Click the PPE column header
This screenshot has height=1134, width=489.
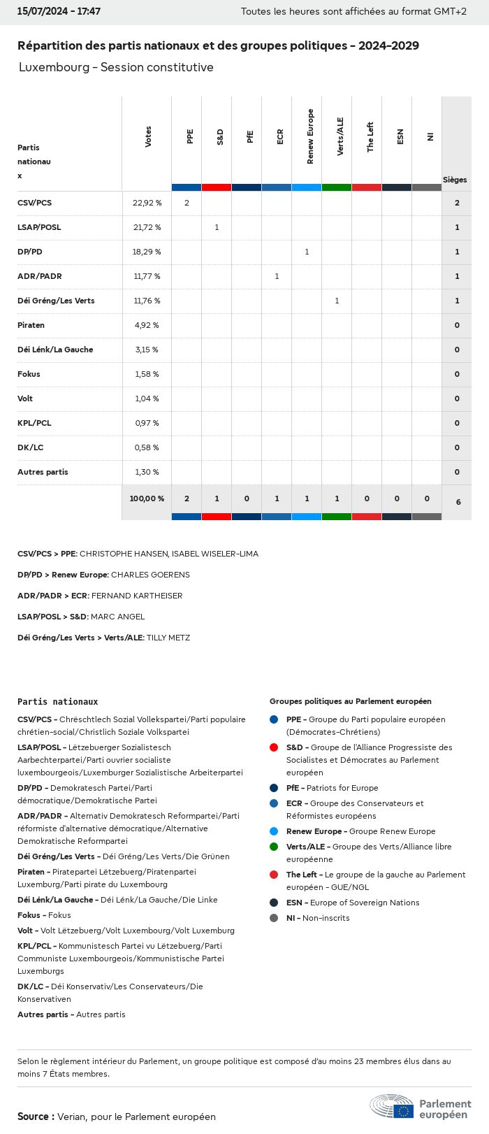(189, 136)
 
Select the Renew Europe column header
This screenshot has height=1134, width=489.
(309, 136)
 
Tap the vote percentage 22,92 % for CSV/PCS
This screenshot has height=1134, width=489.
(147, 203)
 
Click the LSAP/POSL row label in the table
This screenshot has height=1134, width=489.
(39, 227)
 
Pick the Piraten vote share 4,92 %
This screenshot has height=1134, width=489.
(147, 325)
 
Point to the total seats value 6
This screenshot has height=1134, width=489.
(458, 502)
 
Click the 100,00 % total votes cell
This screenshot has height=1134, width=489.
(147, 498)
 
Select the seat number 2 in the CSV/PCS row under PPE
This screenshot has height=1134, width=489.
(187, 203)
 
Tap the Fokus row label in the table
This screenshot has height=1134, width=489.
(29, 374)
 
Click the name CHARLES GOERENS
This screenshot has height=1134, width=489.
(150, 575)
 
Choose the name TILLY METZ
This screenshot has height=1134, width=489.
(168, 638)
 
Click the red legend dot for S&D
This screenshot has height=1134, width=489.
(274, 747)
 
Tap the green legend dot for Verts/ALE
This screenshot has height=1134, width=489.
(274, 847)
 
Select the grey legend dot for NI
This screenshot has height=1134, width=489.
(274, 918)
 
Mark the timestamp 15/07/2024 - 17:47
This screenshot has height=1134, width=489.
(59, 12)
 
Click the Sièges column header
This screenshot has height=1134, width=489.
(455, 180)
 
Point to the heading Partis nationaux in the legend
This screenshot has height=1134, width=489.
(57, 701)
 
